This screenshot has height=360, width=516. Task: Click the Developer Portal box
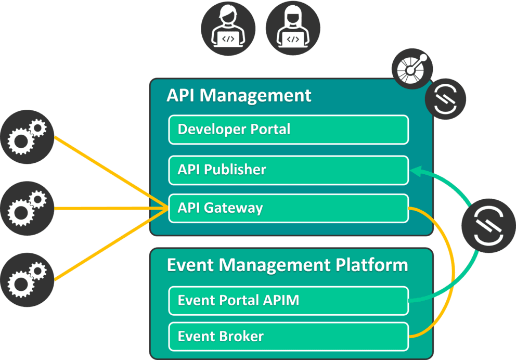coord(288,130)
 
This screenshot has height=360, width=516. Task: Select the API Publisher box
coord(288,170)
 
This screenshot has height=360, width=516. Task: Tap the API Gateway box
coord(288,209)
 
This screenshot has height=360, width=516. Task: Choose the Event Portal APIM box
coord(288,301)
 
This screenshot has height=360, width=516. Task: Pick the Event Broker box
coord(288,337)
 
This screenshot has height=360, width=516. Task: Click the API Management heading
coord(239,96)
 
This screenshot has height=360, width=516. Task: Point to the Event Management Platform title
coord(287,265)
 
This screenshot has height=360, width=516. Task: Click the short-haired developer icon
coord(228,29)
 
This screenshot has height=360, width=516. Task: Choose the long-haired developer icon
coord(293,29)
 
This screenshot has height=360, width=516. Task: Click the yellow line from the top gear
coord(109,172)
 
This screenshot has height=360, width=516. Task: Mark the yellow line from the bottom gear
coord(109,245)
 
